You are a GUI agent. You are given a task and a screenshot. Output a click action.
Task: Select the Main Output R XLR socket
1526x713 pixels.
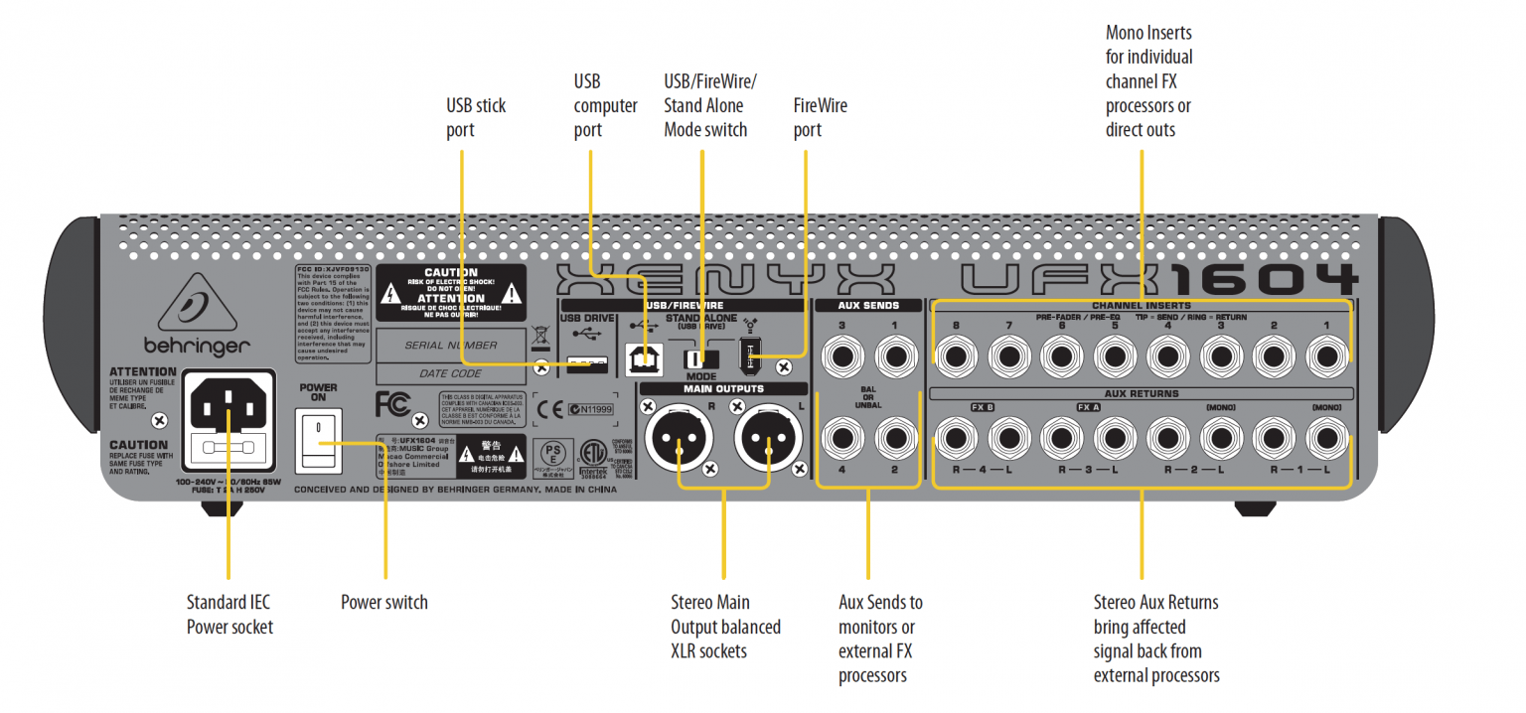click(680, 440)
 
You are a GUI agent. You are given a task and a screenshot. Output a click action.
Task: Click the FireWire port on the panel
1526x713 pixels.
click(751, 354)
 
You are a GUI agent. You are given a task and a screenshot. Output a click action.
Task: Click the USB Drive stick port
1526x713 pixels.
click(586, 364)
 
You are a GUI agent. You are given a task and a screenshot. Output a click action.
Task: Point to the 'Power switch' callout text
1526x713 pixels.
click(384, 602)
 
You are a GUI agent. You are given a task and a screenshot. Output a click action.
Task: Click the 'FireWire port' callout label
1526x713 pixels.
click(821, 117)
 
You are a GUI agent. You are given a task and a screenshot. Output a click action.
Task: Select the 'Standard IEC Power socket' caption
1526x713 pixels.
click(229, 614)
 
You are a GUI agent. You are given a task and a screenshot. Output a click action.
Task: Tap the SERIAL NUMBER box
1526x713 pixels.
click(450, 346)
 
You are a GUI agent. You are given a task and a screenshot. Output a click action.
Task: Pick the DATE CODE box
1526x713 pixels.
click(450, 373)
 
